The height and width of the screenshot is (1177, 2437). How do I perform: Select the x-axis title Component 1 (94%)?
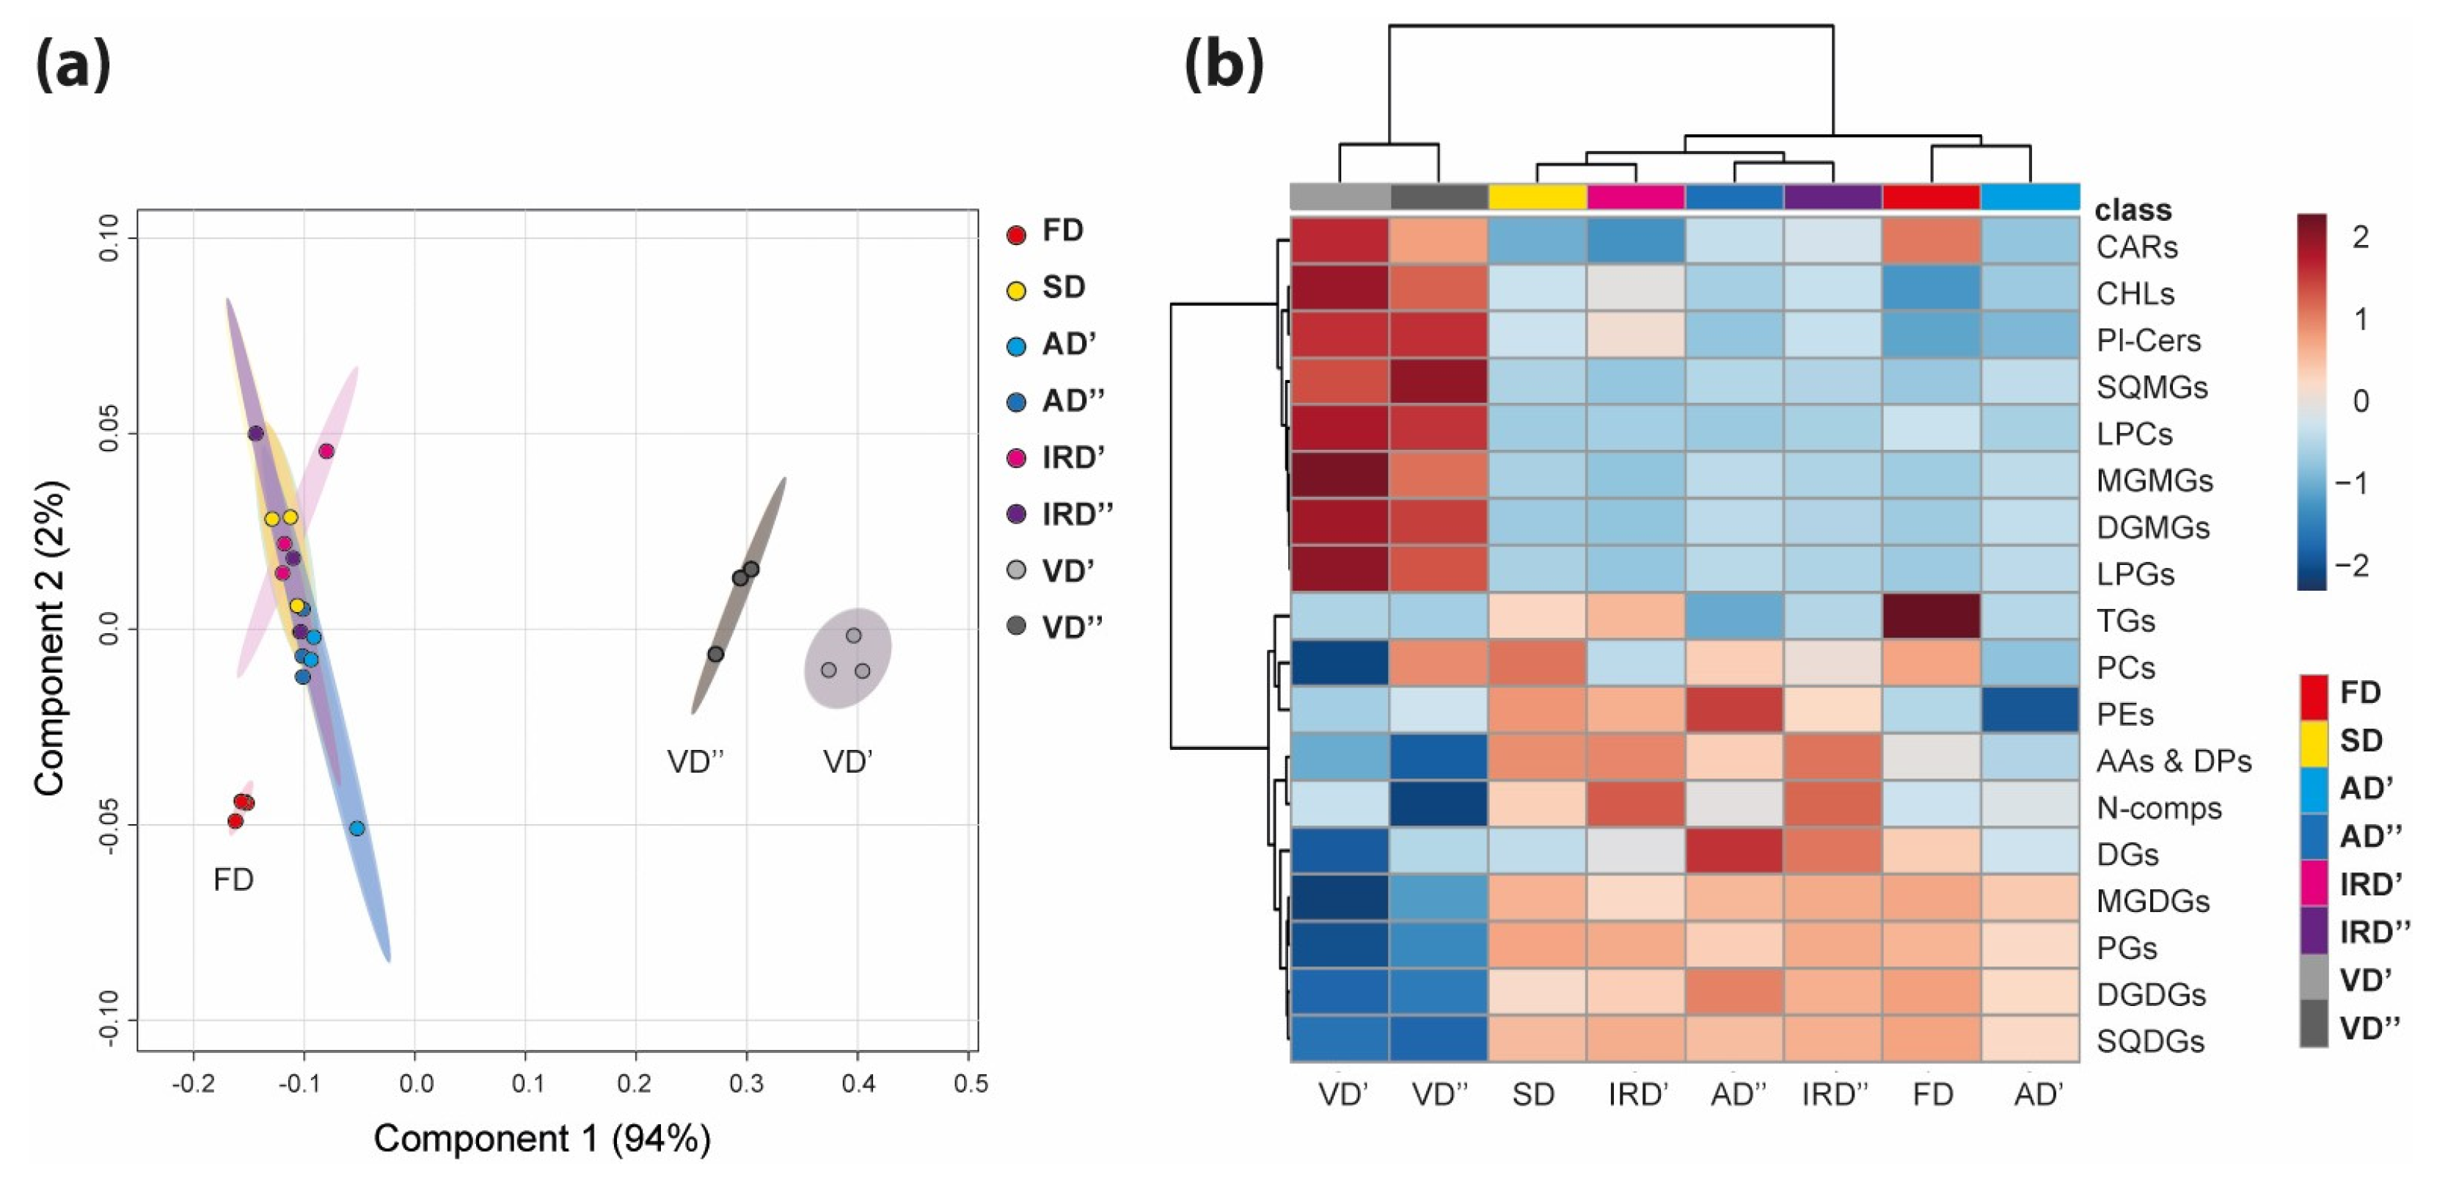coord(542,1138)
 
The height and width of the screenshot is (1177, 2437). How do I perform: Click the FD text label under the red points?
coord(233,880)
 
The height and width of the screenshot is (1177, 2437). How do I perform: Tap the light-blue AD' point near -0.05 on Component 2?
coord(357,828)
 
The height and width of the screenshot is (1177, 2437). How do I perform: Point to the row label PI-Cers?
coord(2147,340)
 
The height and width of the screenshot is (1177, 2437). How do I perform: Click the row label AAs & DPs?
coord(2173,761)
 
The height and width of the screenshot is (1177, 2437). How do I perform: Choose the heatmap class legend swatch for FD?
coord(2313,696)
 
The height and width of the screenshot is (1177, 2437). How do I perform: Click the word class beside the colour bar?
coord(2133,209)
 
